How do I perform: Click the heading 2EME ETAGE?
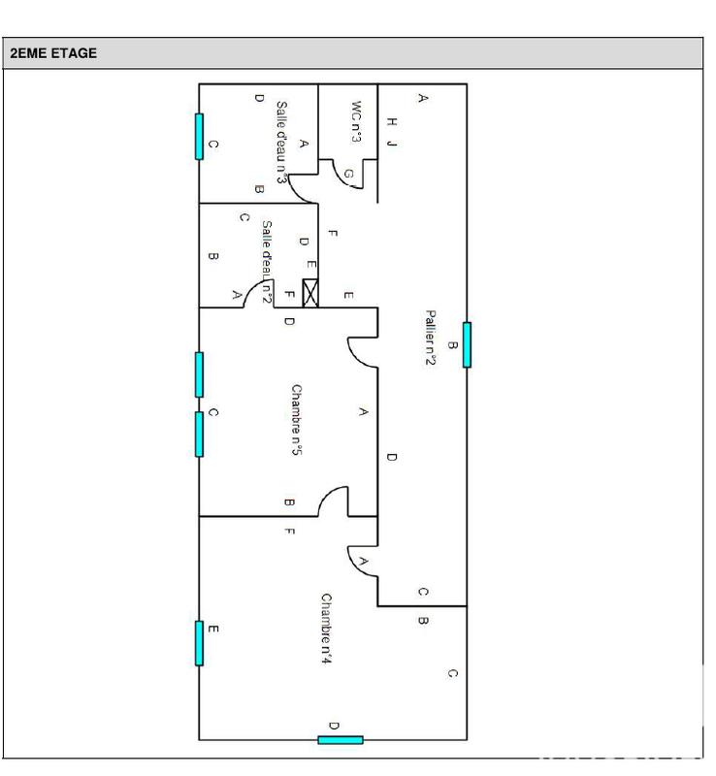coord(53,54)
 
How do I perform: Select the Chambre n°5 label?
coord(297,420)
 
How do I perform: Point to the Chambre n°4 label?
coord(327,628)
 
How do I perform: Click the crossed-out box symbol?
coord(310,293)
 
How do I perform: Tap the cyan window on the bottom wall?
coord(341,740)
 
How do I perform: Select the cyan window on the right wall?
coord(467,345)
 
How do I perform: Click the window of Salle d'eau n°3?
coord(199,136)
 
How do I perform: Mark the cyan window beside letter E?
coord(199,643)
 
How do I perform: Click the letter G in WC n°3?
coord(349,174)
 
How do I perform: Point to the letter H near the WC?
coord(392,122)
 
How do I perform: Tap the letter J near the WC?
coord(392,144)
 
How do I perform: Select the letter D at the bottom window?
coord(334,726)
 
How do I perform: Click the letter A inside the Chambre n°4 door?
coord(363,562)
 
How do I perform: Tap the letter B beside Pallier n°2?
coord(451,345)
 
